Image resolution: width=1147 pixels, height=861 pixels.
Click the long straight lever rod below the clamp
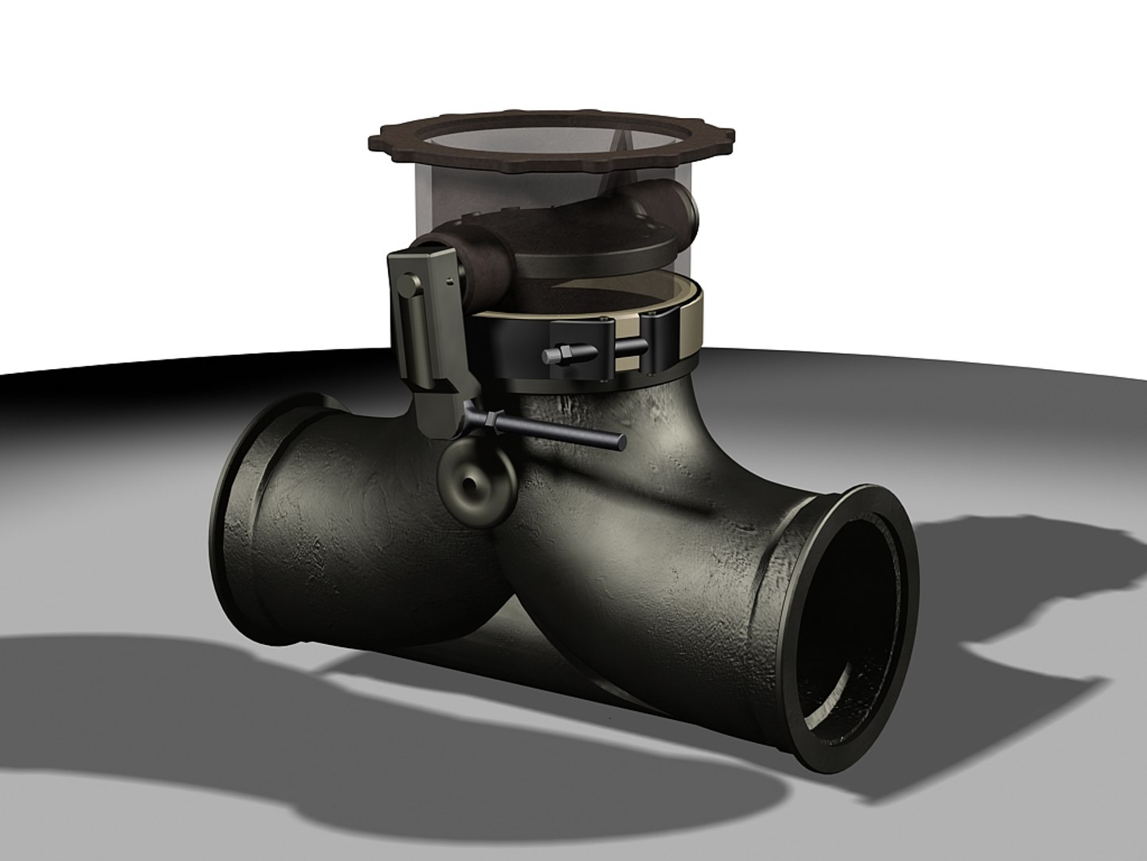(558, 431)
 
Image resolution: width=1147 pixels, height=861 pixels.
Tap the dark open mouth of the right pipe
(852, 630)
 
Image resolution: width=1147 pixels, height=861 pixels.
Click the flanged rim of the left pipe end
(239, 510)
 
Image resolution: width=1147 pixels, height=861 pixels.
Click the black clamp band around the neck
(510, 351)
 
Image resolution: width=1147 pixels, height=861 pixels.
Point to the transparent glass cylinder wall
(438, 191)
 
